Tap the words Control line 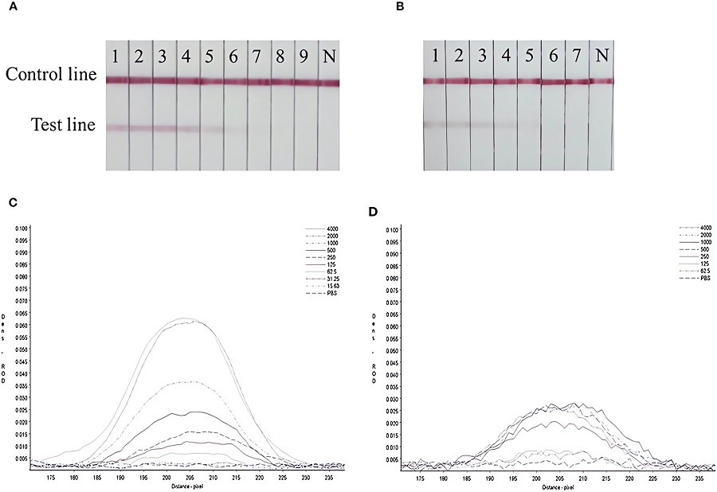point(51,75)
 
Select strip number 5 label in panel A point(211,57)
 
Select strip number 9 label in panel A point(305,57)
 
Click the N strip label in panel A point(329,57)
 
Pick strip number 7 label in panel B point(577,57)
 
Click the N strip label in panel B point(601,57)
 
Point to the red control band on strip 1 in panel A point(117,80)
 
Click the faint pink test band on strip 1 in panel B point(433,124)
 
